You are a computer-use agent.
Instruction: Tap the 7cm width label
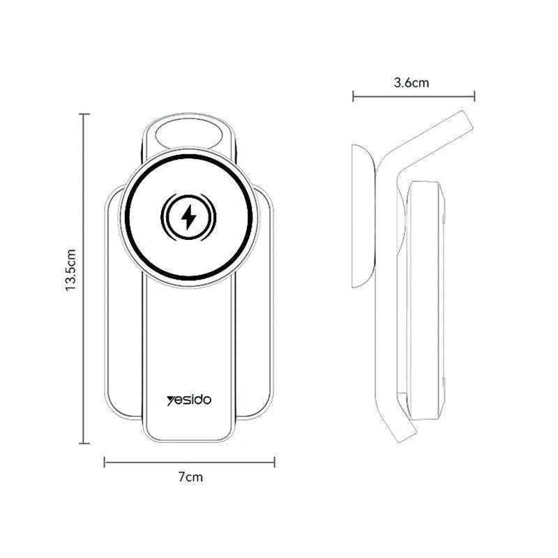(190, 478)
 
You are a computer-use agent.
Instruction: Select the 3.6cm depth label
(412, 82)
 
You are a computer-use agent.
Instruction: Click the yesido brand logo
(189, 400)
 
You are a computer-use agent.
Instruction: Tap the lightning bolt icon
(188, 218)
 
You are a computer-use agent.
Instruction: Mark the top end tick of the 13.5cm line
(84, 114)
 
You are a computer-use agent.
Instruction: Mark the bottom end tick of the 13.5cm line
(84, 443)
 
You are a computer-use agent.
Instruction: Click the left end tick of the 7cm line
(105, 461)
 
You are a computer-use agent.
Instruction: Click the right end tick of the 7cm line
(275, 461)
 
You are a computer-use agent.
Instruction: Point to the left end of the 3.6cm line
(353, 96)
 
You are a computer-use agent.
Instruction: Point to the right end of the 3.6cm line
(475, 96)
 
